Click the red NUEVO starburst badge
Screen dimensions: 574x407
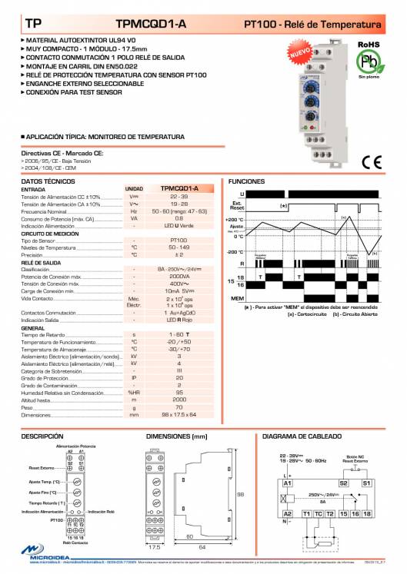tap(301, 55)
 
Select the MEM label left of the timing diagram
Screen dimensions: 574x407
tap(237, 297)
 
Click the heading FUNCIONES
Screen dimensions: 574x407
tap(246, 181)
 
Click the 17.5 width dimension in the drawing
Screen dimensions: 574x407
tap(155, 547)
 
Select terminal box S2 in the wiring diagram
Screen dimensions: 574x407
tap(343, 482)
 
